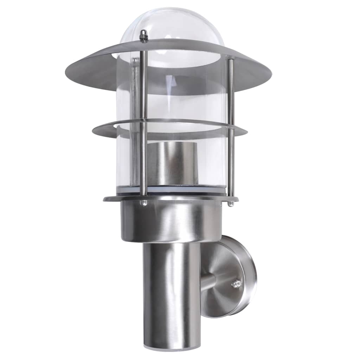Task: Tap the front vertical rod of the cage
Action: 143,123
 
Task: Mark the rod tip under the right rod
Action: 230,204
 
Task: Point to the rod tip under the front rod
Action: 143,203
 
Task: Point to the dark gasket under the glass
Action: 176,190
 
